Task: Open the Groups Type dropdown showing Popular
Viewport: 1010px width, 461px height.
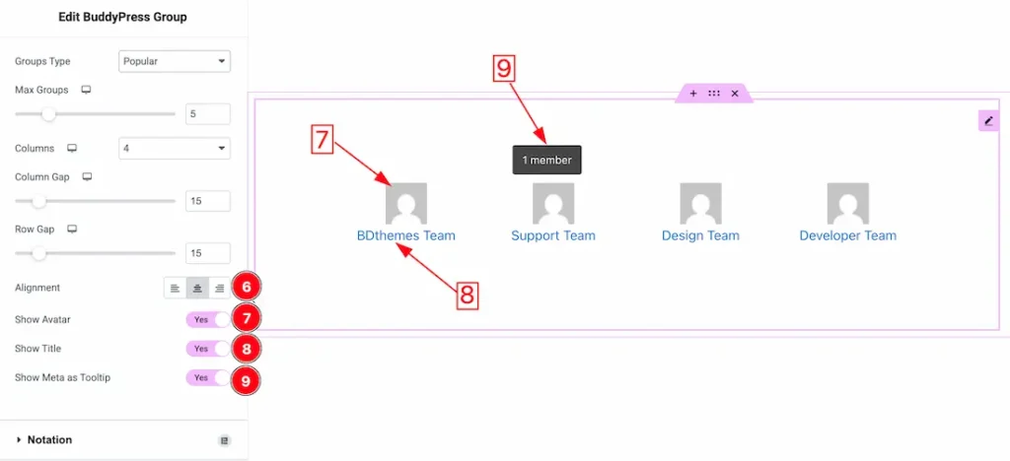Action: coord(175,62)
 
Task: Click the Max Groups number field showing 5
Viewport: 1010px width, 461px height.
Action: coord(207,114)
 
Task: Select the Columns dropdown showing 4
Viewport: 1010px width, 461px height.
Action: coord(175,148)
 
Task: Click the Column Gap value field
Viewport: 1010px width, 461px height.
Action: coord(207,201)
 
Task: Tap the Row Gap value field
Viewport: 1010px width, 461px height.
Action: coord(207,253)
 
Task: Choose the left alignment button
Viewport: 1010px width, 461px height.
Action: coord(176,288)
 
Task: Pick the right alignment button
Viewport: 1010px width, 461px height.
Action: coord(220,288)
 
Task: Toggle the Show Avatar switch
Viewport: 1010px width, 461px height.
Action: coord(207,319)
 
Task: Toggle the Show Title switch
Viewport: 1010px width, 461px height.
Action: coord(207,349)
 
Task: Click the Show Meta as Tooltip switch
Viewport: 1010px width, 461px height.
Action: coord(207,377)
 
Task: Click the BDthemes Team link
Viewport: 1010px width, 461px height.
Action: coord(405,235)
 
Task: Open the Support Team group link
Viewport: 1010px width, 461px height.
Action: coord(553,235)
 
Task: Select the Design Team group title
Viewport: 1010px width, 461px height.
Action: coord(700,235)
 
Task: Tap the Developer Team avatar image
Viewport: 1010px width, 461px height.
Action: coord(847,203)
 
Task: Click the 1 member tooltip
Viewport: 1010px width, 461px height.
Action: coord(546,161)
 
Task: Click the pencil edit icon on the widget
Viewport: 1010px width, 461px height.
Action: coord(988,120)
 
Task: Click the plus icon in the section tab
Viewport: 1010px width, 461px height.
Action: coord(693,94)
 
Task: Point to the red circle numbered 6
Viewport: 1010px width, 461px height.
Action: coord(246,288)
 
